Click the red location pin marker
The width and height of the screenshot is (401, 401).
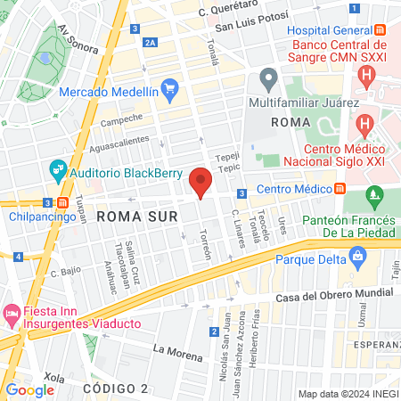(201, 181)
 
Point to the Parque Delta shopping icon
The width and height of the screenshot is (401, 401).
(359, 259)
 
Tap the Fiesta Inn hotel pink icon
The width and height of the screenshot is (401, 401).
(12, 314)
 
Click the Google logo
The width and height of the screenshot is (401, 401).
(29, 389)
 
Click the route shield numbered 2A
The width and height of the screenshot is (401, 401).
(150, 41)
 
